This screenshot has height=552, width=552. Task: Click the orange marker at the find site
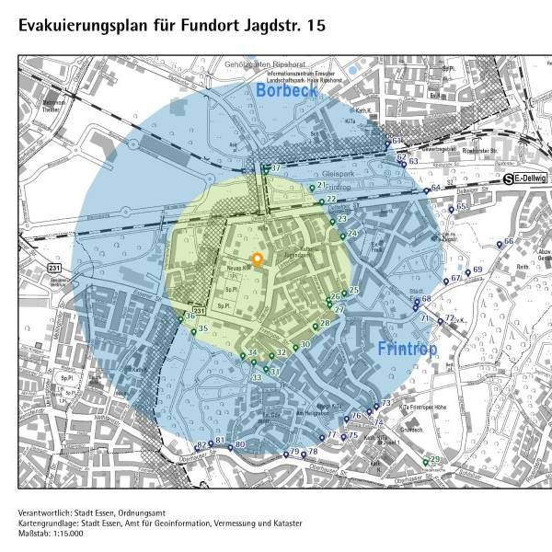point(258,259)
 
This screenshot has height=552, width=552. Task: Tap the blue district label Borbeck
point(287,91)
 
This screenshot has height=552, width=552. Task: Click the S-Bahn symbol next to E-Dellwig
point(508,180)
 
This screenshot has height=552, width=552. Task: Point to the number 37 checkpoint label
point(274,168)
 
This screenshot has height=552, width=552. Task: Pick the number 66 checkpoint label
point(509,241)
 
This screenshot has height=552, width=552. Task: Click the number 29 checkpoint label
point(435,459)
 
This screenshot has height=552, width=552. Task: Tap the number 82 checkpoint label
point(201,445)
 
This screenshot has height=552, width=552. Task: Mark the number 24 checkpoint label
point(352,234)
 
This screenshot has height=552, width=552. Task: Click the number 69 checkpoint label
point(477,270)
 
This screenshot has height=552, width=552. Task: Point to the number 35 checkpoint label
point(203,328)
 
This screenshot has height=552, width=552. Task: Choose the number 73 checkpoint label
point(386,404)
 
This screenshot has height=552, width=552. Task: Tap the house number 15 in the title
point(316,27)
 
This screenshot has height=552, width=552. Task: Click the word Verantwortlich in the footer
point(42,512)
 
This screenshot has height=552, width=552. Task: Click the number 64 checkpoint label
point(436,189)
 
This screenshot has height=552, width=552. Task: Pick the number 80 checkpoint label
point(239,445)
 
